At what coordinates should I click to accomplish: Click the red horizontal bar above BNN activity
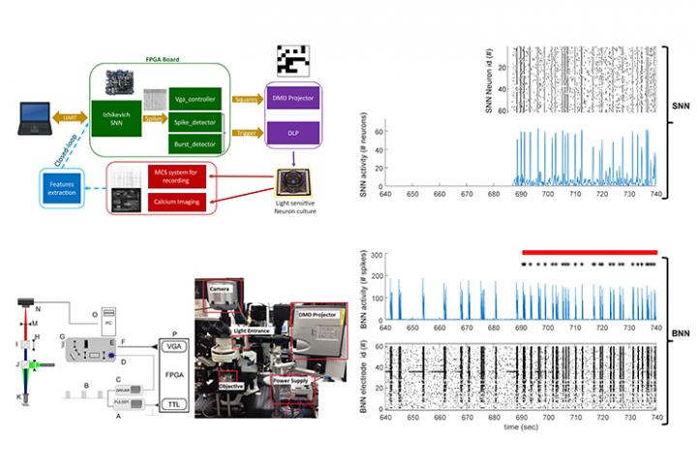click(x=589, y=251)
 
